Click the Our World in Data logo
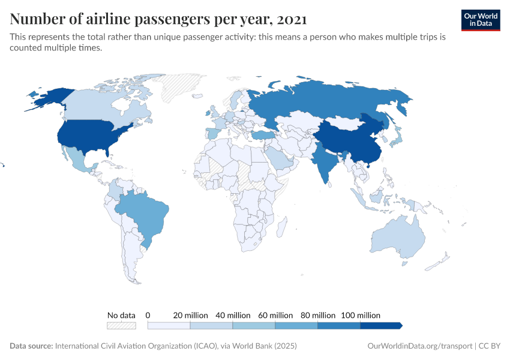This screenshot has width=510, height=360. click(480, 20)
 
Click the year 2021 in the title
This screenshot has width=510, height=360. click(292, 19)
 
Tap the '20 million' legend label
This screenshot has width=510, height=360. click(190, 315)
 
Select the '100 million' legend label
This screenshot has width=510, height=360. click(361, 315)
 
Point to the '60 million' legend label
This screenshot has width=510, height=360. click(275, 315)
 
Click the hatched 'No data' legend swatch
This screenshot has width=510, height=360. click(121, 326)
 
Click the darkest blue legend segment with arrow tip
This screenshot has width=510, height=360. click(380, 326)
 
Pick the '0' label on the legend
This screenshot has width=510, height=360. click(148, 315)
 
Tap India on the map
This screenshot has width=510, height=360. click(325, 161)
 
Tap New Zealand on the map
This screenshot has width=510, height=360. click(442, 259)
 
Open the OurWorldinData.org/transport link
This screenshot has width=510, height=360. click(419, 346)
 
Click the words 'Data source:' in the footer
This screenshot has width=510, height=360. click(31, 346)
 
